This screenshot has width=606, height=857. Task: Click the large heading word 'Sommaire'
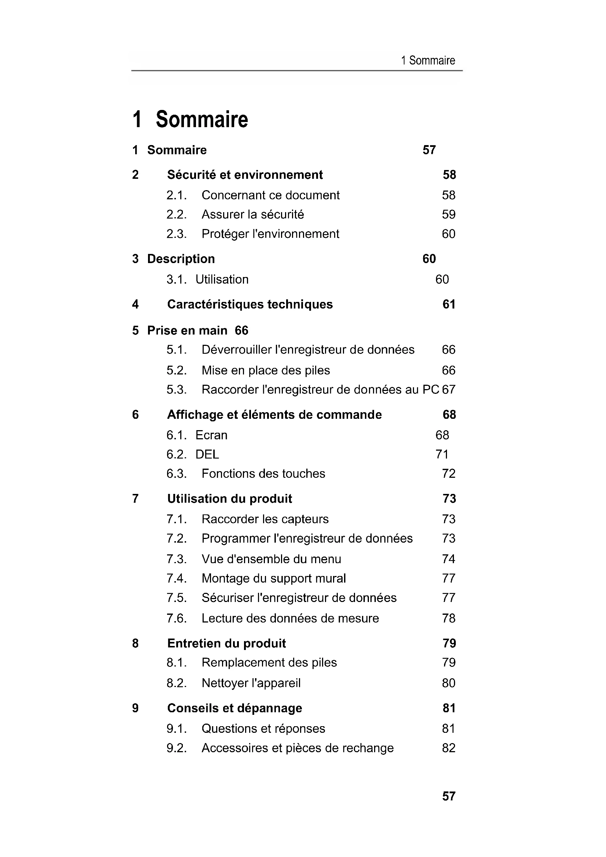point(202,119)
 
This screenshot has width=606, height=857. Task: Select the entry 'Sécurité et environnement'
point(245,175)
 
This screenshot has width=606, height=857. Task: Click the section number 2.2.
point(176,215)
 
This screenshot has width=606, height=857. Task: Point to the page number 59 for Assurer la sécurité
point(448,215)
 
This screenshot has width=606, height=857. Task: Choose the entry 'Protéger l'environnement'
point(270,234)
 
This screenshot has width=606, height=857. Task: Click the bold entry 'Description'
point(181,259)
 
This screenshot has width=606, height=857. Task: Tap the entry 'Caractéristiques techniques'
point(250,304)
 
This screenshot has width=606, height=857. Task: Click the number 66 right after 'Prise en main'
point(241,330)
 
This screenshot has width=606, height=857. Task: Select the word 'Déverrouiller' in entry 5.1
point(236,350)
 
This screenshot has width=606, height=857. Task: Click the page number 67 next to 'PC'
point(449,390)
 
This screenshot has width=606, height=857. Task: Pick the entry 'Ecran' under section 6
point(211,435)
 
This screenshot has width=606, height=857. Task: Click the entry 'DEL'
point(207,454)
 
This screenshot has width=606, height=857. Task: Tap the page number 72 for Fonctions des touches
point(448,474)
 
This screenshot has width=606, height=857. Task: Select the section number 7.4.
point(176,579)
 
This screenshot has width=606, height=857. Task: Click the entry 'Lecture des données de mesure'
point(290,618)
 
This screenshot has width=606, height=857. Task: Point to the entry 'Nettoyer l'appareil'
point(251,683)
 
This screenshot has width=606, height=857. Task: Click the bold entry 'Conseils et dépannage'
point(234,708)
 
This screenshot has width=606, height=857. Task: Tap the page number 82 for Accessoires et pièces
point(448,748)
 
